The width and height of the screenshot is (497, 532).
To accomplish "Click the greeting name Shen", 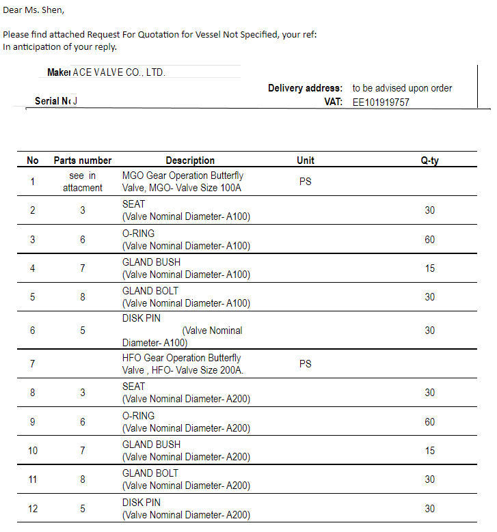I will coord(53,10).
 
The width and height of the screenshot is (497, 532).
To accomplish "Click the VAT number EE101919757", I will coord(381,102).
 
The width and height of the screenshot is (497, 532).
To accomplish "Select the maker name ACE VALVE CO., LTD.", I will coord(119,72).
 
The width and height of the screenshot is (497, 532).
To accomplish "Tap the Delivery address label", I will coord(305,88).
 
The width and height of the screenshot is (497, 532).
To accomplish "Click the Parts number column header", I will coord(83,160).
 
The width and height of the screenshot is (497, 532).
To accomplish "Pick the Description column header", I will coord(190,160).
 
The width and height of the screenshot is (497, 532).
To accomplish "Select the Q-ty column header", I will coord(429,160).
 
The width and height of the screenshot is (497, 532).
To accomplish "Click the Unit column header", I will coord(306,160).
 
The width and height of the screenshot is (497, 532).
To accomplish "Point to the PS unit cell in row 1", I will coord(305,182).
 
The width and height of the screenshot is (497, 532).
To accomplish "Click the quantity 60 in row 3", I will coord(429,240).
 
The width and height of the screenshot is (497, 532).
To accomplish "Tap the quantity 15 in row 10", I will coord(429,451).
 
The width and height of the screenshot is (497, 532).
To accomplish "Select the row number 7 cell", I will coord(32,364).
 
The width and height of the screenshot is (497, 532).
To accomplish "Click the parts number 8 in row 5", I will coord(83,297).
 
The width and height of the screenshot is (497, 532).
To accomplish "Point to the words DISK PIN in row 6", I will coord(142,318).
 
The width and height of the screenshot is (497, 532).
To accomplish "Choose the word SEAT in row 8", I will coord(133,387).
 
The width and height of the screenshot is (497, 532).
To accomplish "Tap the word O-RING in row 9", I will coord(138,416).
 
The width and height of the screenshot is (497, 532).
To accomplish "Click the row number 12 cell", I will coord(32,509).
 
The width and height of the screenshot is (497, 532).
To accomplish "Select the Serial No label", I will coord(52,102).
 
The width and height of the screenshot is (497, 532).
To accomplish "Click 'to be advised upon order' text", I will coord(402,88).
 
